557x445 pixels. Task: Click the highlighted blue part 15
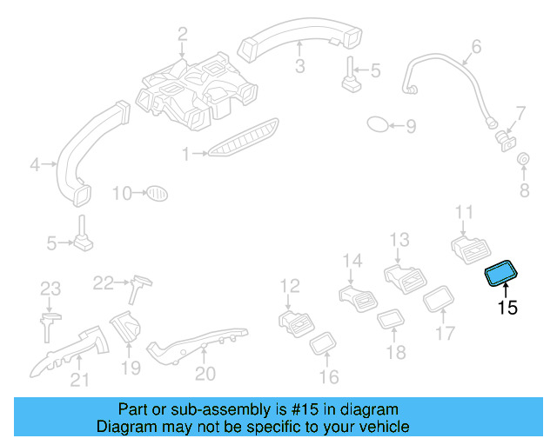pyautogui.click(x=501, y=274)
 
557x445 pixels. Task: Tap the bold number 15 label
pyautogui.click(x=507, y=307)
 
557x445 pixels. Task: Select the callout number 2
pyautogui.click(x=183, y=34)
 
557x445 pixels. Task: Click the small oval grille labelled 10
pyautogui.click(x=155, y=192)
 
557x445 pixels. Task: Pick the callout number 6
pyautogui.click(x=476, y=46)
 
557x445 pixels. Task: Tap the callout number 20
pyautogui.click(x=205, y=373)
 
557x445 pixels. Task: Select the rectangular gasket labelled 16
pyautogui.click(x=324, y=343)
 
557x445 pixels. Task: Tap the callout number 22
pyautogui.click(x=104, y=282)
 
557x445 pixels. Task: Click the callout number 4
pyautogui.click(x=36, y=163)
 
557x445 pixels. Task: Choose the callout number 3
pyautogui.click(x=299, y=66)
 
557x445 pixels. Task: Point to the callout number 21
pyautogui.click(x=79, y=378)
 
